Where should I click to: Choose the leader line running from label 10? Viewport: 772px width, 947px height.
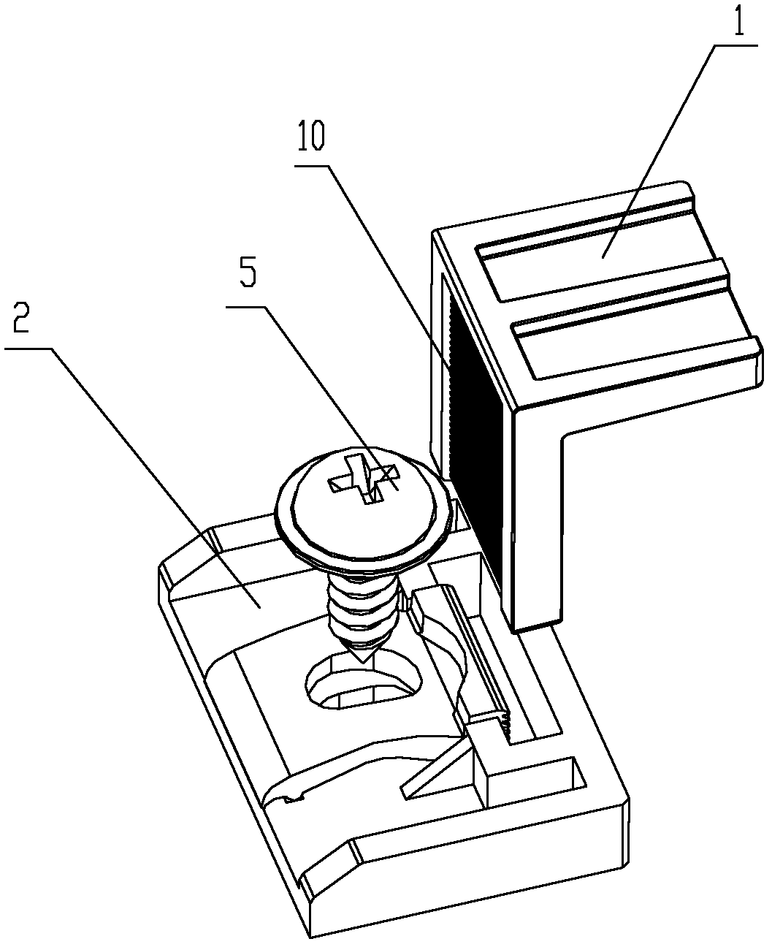pyautogui.click(x=387, y=263)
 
